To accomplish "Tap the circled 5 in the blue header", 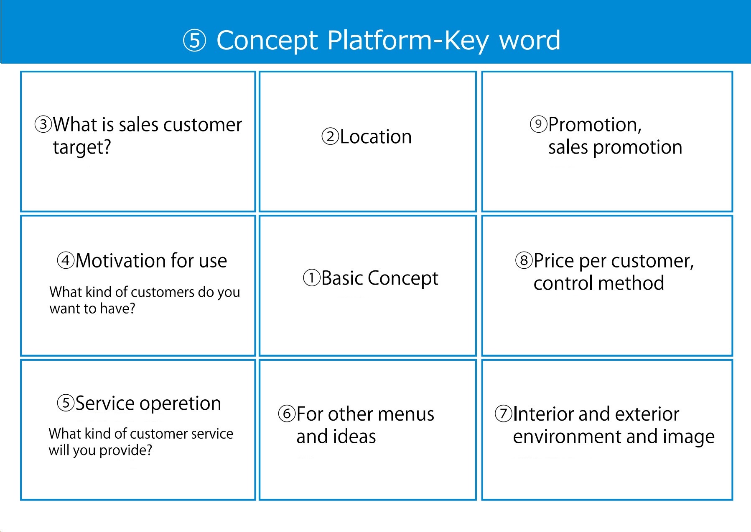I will coord(195,41).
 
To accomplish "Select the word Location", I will coord(376,137).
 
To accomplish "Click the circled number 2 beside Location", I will coord(330,136).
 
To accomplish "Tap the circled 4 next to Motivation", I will coord(66,260).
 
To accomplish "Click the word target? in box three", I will coord(82,147).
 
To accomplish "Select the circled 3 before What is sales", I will coord(43,124).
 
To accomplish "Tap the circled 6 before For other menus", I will coord(287,414).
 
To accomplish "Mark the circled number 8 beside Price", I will coord(524,260).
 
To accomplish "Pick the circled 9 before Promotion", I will coord(538,124).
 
